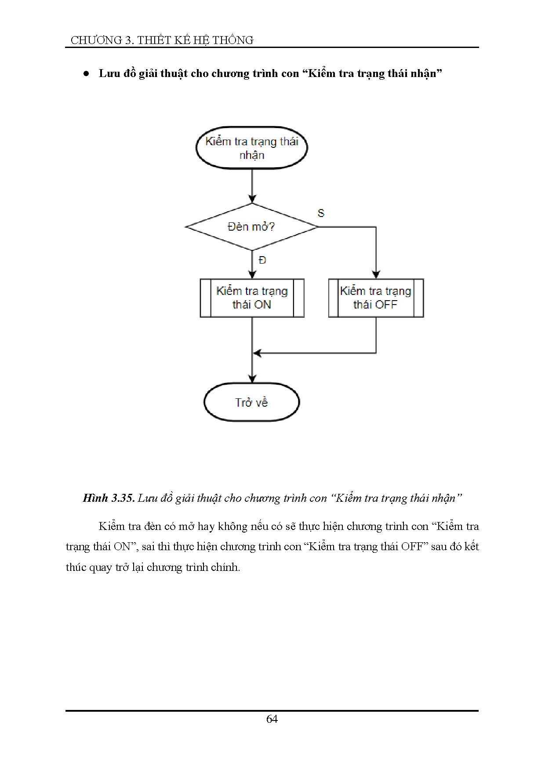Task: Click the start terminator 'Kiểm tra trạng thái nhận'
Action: click(x=251, y=148)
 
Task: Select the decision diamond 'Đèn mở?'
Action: click(x=251, y=227)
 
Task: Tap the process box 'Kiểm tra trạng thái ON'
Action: click(x=252, y=298)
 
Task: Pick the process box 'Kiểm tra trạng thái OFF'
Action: click(x=376, y=298)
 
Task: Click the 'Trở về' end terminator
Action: click(x=251, y=402)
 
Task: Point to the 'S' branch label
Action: click(x=321, y=213)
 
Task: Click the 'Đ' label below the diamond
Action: click(x=262, y=260)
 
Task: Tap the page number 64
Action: click(x=272, y=719)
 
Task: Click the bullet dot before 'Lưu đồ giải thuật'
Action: click(x=87, y=74)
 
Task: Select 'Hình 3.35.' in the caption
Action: click(x=108, y=498)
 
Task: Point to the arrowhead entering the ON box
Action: click(x=252, y=275)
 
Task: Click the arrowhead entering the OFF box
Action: click(x=376, y=275)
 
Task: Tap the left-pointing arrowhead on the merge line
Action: click(x=257, y=353)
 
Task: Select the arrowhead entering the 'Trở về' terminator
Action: click(x=252, y=379)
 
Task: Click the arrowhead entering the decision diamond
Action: click(x=252, y=199)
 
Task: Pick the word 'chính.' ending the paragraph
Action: click(x=225, y=567)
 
